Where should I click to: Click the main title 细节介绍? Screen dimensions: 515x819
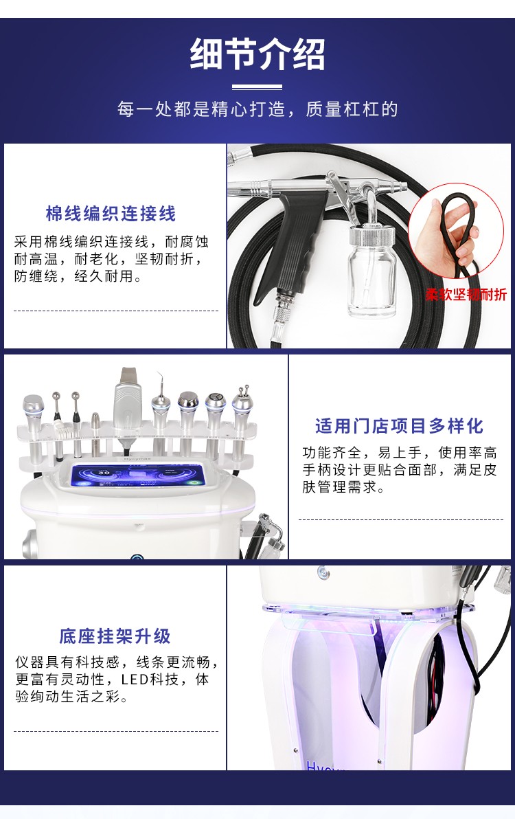257,54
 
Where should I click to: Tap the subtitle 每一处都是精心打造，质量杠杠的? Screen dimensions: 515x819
257,109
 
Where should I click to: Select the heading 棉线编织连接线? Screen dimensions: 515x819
111,214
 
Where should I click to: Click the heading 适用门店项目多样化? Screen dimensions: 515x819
399,426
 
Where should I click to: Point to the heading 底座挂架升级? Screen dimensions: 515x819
115,636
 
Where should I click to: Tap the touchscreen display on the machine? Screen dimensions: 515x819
138,476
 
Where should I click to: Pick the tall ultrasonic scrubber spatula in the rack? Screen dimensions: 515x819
127,400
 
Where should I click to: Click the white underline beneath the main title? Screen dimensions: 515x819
257,87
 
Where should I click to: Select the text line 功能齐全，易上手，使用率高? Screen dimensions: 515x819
400,452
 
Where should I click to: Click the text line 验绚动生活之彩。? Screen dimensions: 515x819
72,696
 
